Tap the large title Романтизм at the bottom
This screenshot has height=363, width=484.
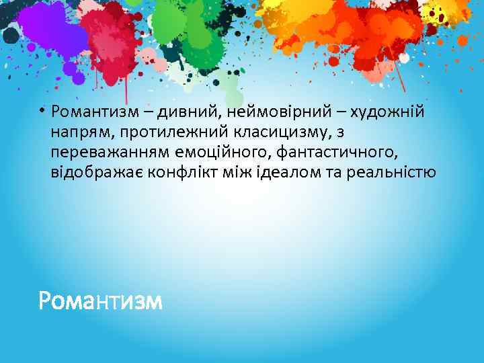(100, 300)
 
